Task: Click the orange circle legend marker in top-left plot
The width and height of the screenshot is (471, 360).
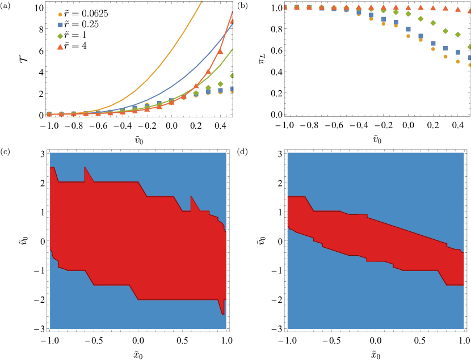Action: pos(60,15)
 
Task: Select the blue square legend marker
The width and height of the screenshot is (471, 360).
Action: pos(60,25)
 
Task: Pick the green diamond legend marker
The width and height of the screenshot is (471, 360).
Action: pos(60,36)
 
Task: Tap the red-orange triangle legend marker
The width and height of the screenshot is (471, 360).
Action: pos(60,47)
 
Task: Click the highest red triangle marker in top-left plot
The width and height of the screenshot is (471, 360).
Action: pos(232,21)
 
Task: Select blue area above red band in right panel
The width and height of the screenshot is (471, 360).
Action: pos(397,181)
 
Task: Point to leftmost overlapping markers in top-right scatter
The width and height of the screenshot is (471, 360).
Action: pos(285,7)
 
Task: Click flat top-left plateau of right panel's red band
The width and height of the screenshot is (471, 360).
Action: pos(296,201)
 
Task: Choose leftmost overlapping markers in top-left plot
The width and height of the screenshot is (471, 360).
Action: pos(49,114)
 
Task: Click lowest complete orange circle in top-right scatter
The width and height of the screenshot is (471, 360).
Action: pos(458,61)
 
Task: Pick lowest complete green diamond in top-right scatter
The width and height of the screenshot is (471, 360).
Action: pos(458,35)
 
